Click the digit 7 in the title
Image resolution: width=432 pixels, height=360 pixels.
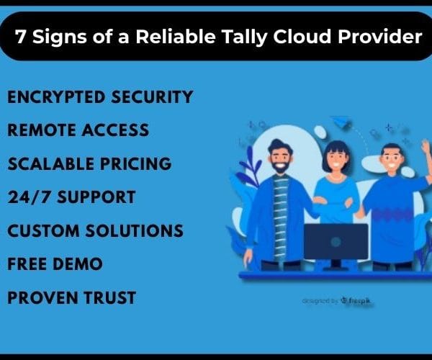pos(20,36)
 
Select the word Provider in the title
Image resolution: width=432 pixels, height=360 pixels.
pos(379,36)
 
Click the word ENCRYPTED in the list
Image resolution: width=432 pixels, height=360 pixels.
pos(56,97)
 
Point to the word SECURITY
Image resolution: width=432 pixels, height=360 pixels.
pos(152,97)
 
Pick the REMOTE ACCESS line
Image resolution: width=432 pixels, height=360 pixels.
pos(78,130)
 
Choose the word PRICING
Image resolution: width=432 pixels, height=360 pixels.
pos(136,163)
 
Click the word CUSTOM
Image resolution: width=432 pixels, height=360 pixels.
pos(43,230)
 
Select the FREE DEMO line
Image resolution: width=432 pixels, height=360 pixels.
pos(55,264)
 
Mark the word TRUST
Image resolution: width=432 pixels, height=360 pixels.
pos(109,297)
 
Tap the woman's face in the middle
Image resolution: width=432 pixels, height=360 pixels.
pos(336,160)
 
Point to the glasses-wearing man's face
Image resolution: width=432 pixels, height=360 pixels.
pos(392,161)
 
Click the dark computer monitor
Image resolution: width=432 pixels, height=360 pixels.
pos(336,242)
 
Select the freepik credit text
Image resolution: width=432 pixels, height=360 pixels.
pos(337,301)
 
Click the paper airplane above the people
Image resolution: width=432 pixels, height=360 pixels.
pos(341,122)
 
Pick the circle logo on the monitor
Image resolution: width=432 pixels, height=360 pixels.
pos(336,242)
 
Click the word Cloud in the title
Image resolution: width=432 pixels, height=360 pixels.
pos(302,36)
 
